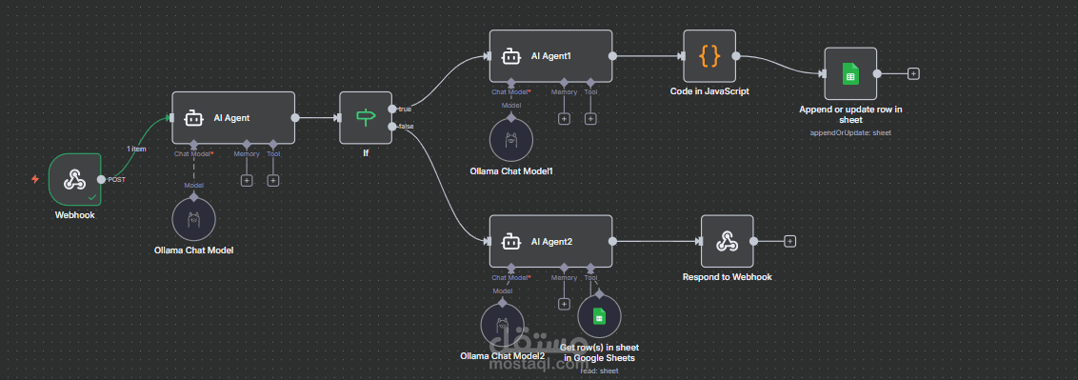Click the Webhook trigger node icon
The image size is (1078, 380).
click(x=75, y=178)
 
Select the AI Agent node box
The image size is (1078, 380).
click(x=233, y=118)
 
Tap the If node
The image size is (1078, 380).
click(x=366, y=117)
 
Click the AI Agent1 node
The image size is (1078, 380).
click(x=551, y=56)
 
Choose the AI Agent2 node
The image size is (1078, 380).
click(x=551, y=242)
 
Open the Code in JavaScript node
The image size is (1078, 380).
click(x=709, y=56)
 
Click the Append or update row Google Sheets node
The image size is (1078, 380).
click(x=850, y=73)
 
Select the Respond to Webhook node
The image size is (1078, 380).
click(x=728, y=241)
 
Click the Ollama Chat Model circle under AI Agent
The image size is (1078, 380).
click(x=194, y=219)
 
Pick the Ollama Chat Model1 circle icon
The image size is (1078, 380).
click(x=511, y=140)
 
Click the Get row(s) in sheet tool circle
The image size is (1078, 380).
click(x=599, y=317)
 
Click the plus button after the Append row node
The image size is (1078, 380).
click(x=913, y=73)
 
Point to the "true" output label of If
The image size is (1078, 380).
click(x=405, y=110)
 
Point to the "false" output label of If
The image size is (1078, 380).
click(x=406, y=127)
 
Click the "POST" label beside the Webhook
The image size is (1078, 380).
click(x=117, y=180)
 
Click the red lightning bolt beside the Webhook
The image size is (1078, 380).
click(x=35, y=178)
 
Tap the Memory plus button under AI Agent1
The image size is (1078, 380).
click(x=564, y=118)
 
